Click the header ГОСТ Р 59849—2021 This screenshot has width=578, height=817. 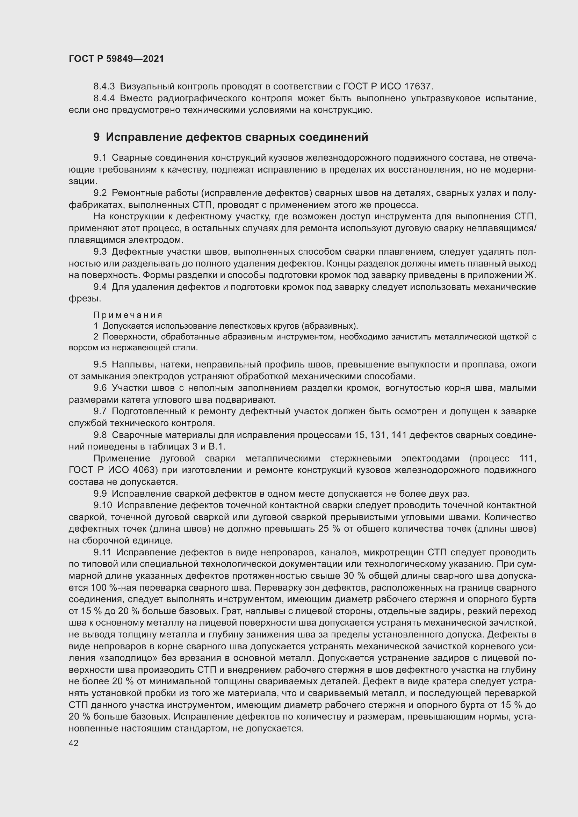116,59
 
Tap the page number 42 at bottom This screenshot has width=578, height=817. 74,743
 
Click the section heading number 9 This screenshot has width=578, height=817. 96,137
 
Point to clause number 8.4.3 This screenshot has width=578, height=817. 104,86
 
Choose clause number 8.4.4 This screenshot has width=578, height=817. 104,98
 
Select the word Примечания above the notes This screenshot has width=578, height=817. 128,315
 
